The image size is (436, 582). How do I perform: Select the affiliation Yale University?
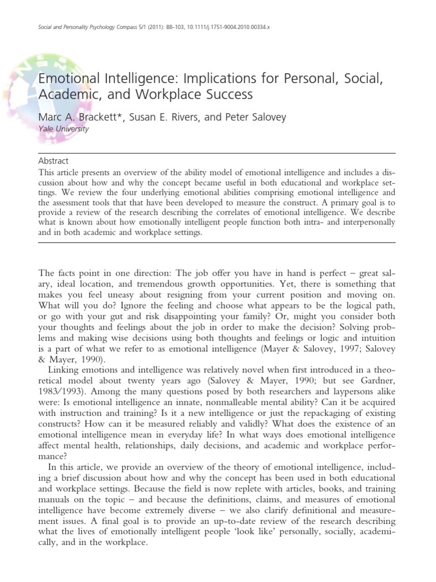(x=63, y=129)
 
